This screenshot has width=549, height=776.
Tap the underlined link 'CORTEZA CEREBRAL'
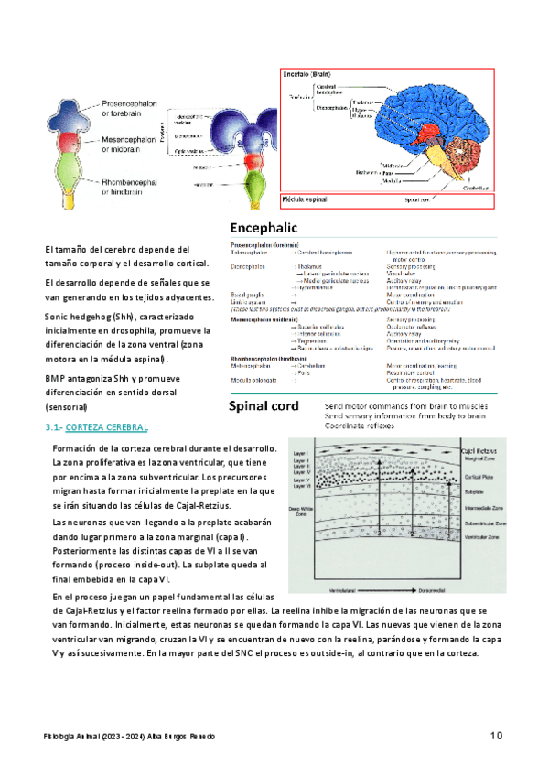coord(107,427)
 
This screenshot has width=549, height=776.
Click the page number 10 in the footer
coord(498,735)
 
